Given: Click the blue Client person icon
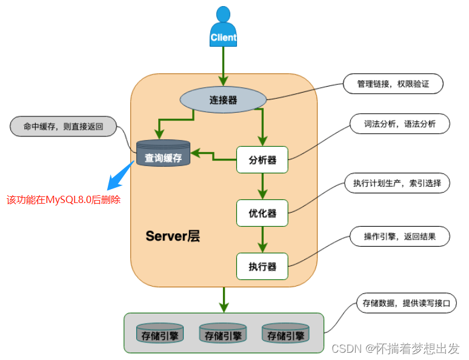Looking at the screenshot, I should (x=223, y=27).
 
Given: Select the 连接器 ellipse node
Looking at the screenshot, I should (x=223, y=100).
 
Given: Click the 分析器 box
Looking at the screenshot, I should (x=262, y=160).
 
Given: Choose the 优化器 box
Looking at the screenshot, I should (x=262, y=213).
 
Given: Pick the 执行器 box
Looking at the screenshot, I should (x=262, y=266).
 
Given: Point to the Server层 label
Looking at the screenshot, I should (x=173, y=236).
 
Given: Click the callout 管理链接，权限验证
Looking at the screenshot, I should (x=393, y=84).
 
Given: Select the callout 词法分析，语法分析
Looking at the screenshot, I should (x=400, y=124).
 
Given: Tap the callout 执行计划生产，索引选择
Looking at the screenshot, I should (x=397, y=182).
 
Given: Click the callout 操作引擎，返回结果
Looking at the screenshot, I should (x=399, y=236).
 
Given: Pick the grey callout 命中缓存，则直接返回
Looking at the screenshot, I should (x=64, y=127).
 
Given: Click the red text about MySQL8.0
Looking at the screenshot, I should (x=64, y=199).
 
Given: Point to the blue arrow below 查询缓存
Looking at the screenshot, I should (x=121, y=175).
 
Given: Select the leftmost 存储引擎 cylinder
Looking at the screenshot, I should (x=159, y=334).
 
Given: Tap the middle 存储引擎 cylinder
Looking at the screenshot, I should (x=222, y=334).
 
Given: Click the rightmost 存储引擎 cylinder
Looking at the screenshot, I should (x=285, y=334).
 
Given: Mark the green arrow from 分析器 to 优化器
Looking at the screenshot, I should (x=262, y=186).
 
